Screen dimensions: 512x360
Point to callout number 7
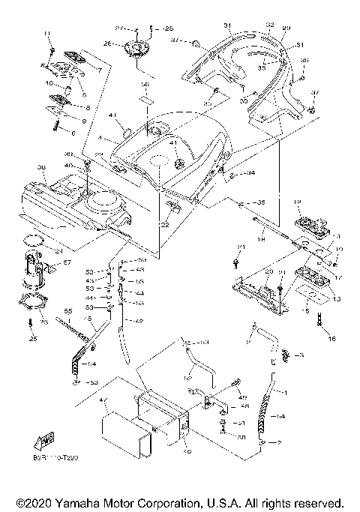click(99, 69)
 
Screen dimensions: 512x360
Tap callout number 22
click(164, 226)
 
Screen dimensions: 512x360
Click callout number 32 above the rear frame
click(248, 25)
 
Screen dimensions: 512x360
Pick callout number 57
click(65, 262)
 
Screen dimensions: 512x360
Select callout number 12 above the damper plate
click(296, 202)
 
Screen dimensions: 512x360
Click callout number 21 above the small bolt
click(241, 247)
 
